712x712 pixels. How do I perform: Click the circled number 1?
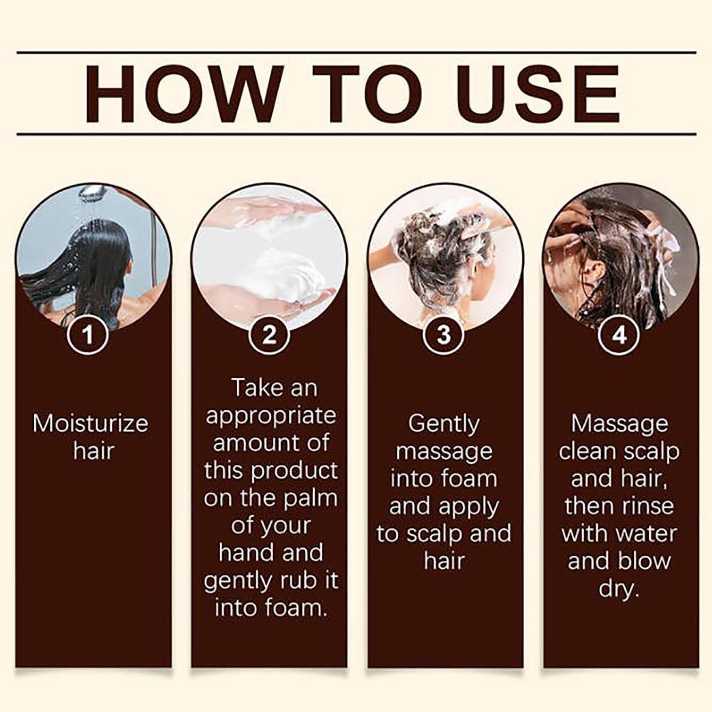point(89,335)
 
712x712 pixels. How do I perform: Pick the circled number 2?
point(269,335)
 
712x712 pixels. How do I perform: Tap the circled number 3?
point(444,335)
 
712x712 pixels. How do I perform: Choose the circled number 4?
point(619,335)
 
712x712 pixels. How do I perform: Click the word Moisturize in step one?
point(90,423)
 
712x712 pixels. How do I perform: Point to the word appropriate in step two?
point(271,416)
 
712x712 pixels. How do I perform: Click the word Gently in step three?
point(444,424)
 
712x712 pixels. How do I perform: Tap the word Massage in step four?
point(619,424)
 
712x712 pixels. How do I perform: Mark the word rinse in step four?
point(650,506)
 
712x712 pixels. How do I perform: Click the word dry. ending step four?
point(619,589)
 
